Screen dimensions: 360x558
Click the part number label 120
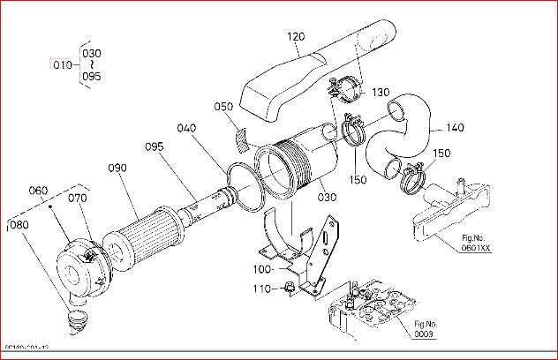tap(295, 37)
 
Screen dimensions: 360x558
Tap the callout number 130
tap(381, 93)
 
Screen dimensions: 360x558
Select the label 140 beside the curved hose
tap(455, 128)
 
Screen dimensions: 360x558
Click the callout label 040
tap(185, 128)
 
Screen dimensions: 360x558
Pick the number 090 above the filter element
tap(117, 168)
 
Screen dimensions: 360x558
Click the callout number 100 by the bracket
tap(262, 268)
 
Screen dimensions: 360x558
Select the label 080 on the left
tap(18, 224)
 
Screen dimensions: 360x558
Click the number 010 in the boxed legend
tap(62, 64)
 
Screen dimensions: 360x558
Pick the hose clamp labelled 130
tap(346, 89)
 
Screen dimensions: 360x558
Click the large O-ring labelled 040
tap(249, 189)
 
